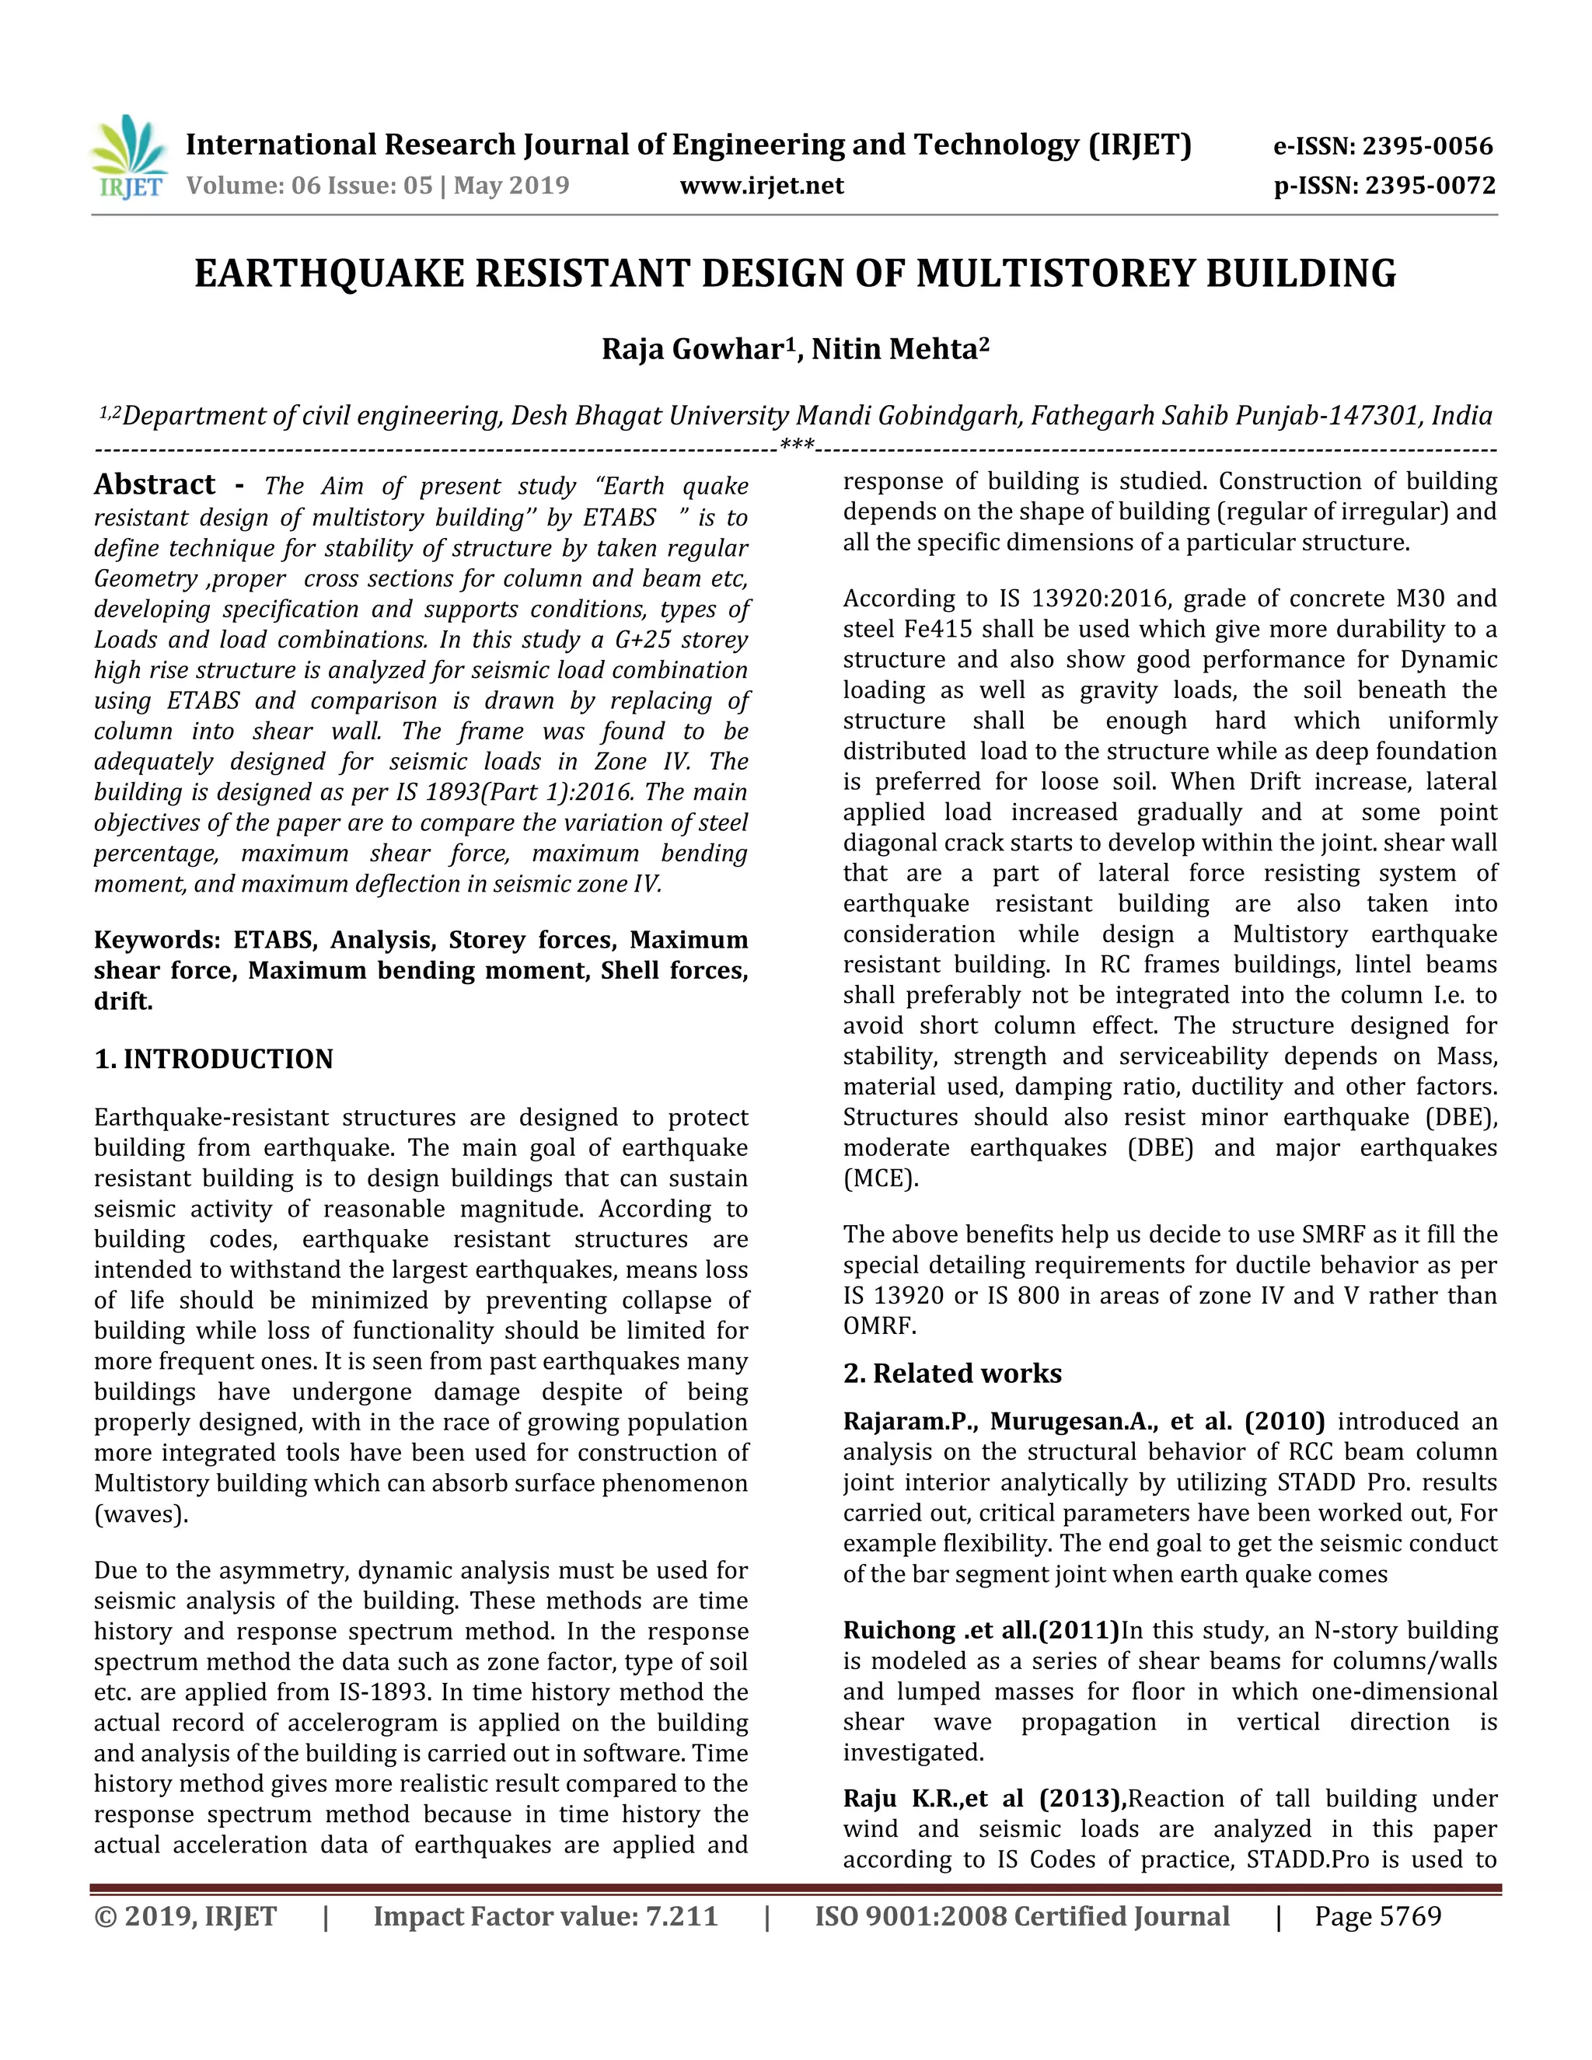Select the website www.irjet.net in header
(x=761, y=185)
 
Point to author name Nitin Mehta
(x=899, y=349)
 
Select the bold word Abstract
(x=155, y=485)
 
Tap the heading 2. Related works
(x=951, y=1374)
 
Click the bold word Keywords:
(x=156, y=940)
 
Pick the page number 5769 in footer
(x=1410, y=1917)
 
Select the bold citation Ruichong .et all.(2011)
(x=980, y=1631)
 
